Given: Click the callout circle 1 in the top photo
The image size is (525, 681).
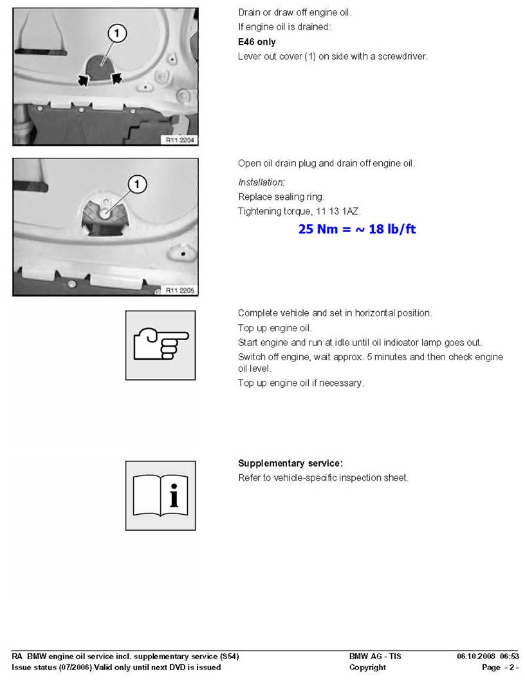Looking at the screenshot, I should point(116,34).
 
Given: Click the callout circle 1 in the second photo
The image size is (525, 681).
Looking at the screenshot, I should point(136,186).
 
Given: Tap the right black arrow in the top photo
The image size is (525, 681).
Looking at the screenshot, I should point(116,79).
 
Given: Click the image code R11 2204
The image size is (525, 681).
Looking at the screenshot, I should point(179,139).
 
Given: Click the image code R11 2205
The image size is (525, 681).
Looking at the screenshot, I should point(179,291).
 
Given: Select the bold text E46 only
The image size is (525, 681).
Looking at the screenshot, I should point(257,42).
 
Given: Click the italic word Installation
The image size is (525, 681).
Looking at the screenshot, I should point(261,182).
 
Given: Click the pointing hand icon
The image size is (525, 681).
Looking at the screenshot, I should point(160,345).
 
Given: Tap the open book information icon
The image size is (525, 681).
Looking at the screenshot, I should point(160,495).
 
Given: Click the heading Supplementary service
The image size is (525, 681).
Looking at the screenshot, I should point(290,463).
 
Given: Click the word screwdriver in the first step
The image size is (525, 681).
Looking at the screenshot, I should point(402,56).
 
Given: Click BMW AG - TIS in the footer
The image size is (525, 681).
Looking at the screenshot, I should point(375,657).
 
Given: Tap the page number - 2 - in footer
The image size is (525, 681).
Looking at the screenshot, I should point(509,667).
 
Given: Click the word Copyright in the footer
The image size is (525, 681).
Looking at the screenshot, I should point(367,667).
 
